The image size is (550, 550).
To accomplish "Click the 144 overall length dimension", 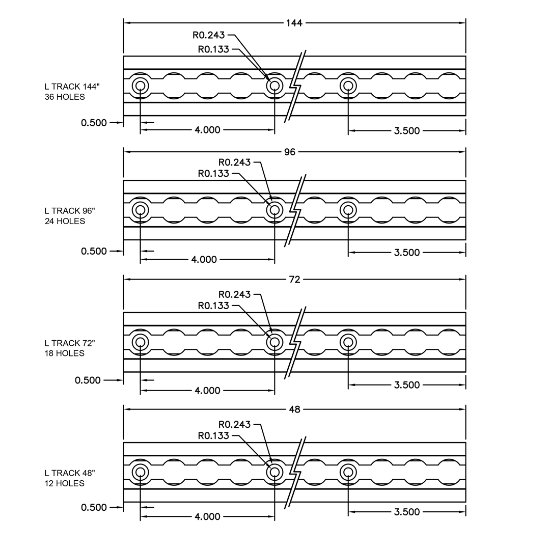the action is pos(294,23).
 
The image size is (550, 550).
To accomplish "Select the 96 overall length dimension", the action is pos(290,152).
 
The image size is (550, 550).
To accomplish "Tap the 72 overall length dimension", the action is pos(295,280).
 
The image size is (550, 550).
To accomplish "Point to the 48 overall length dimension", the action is pos(295,409).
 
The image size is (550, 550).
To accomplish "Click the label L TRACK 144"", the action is pos(72,87).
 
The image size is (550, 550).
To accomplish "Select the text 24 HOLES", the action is pos(65,222).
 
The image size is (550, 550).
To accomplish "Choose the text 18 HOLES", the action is pos(65,353).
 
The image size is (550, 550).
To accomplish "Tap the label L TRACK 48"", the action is pos(70,473).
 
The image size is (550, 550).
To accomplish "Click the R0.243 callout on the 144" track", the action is pos(209,35).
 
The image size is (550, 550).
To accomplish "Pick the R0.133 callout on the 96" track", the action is pos(213,174).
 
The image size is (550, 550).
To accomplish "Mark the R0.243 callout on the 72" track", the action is pos(234,294).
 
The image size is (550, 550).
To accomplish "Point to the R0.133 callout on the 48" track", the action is pos(213,435).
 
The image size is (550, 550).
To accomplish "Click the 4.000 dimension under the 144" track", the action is pos(207,130).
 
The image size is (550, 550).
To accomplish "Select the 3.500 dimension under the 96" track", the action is pos(407,253).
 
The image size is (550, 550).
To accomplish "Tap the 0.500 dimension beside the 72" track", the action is pos(88,380).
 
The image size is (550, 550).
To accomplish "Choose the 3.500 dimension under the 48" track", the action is pos(407,512).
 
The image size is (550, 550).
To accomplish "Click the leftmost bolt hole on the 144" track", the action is pos(141,86).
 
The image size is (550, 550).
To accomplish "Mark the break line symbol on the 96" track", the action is pos(295,210).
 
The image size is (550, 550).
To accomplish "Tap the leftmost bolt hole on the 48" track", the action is pos(141,473).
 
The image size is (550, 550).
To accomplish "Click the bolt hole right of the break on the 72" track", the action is pos(348,342).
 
